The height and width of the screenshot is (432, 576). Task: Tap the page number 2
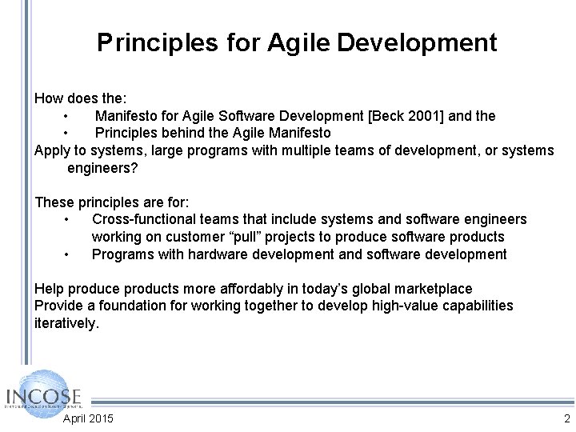click(566, 418)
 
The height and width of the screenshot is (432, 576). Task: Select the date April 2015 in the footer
click(88, 418)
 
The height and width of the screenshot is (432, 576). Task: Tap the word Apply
click(51, 150)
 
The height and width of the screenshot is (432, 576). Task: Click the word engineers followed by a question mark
click(102, 168)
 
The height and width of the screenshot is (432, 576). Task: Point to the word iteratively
click(66, 323)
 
